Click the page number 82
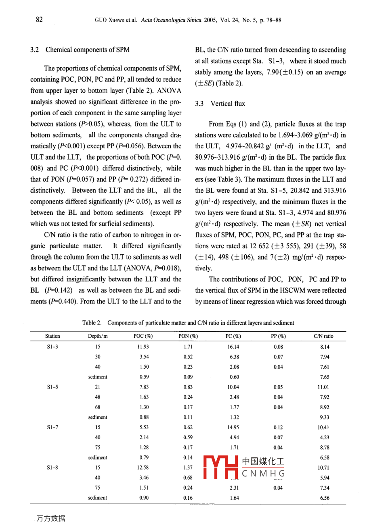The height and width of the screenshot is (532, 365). (39, 19)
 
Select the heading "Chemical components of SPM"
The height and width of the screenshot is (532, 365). (87, 50)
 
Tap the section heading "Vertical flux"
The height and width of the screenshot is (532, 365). (227, 104)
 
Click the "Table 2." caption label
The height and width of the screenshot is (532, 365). (92, 322)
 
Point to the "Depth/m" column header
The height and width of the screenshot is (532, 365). (98, 336)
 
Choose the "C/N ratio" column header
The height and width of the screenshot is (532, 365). (324, 336)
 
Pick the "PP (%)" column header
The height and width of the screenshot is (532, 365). (278, 336)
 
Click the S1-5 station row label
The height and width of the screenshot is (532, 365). (52, 387)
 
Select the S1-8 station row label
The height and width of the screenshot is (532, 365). (52, 468)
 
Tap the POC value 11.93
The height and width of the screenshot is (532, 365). (143, 347)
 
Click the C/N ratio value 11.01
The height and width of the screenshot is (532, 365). (324, 387)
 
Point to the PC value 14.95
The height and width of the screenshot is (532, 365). (233, 427)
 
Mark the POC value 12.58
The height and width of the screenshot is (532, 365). (143, 468)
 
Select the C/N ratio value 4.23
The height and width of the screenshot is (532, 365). (324, 437)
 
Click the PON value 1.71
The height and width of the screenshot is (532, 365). (188, 347)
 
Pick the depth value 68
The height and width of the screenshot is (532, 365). (98, 407)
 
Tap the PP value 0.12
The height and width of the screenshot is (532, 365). (278, 427)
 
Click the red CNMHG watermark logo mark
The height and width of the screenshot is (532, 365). (220, 468)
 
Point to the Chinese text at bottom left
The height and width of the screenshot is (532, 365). (51, 518)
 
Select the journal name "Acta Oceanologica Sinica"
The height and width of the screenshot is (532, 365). (171, 20)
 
